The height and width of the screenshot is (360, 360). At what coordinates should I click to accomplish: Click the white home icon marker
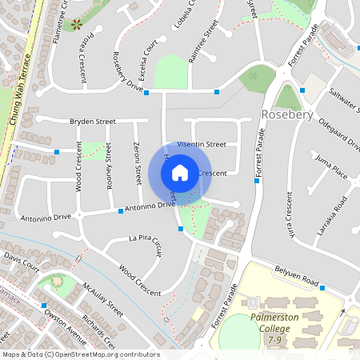(180, 172)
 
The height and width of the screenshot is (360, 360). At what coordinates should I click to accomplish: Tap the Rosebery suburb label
(286, 115)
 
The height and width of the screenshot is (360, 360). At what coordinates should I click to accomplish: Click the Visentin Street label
(202, 144)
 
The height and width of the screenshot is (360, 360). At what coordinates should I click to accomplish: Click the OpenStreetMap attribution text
(80, 354)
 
